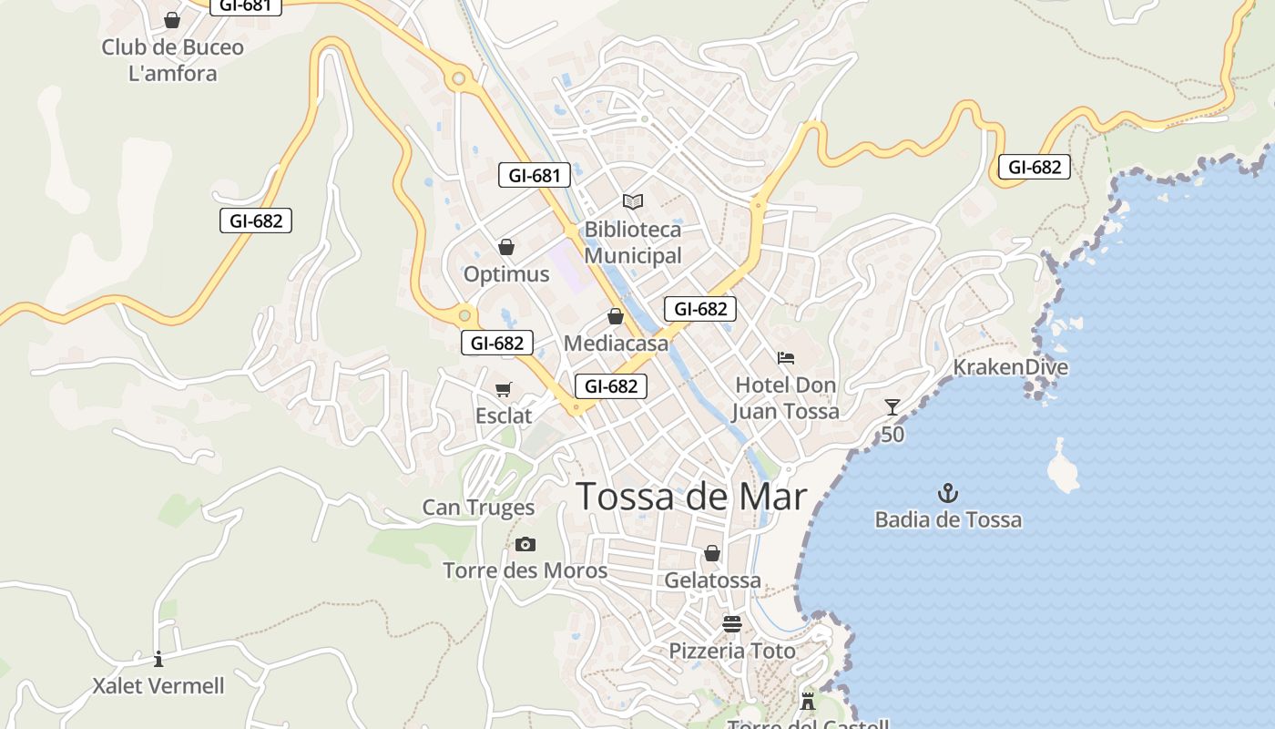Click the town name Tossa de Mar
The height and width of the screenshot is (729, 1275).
[x=691, y=497]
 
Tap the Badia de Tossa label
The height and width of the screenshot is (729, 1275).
[x=948, y=520]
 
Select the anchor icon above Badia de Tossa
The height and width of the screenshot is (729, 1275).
[x=948, y=494]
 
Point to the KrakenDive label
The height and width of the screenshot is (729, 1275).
[x=1010, y=367]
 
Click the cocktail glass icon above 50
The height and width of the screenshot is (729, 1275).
[x=892, y=407]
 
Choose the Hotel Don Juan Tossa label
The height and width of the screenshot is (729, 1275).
[x=786, y=398]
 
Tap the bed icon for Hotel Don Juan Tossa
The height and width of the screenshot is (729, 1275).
[x=786, y=358]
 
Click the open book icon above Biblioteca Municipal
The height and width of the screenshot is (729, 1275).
[x=633, y=201]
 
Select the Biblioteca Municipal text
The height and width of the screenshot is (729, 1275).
[x=633, y=242]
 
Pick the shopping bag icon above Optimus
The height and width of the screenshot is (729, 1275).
[x=506, y=247]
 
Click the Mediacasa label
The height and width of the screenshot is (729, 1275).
[x=616, y=344]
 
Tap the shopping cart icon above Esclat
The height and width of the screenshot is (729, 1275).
[x=504, y=390]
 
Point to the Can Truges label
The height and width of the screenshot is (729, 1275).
[x=478, y=508]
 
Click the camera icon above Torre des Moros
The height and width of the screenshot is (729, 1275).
[x=525, y=545]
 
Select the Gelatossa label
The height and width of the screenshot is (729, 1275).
[x=712, y=580]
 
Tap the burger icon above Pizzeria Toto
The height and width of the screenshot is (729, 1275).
[x=732, y=624]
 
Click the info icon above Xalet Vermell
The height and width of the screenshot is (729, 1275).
[x=158, y=659]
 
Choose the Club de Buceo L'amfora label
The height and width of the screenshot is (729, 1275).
[x=173, y=60]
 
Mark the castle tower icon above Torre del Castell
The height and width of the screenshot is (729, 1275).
[x=808, y=701]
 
